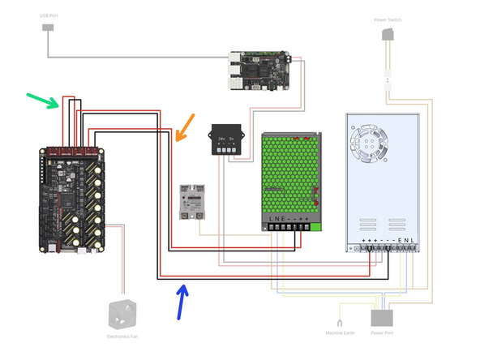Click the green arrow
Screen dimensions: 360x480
[x=43, y=101]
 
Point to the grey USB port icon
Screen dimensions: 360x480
[x=48, y=28]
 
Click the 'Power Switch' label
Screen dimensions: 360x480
[x=390, y=19]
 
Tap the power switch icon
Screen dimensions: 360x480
[x=389, y=33]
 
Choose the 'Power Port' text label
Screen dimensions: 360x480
[x=381, y=332]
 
